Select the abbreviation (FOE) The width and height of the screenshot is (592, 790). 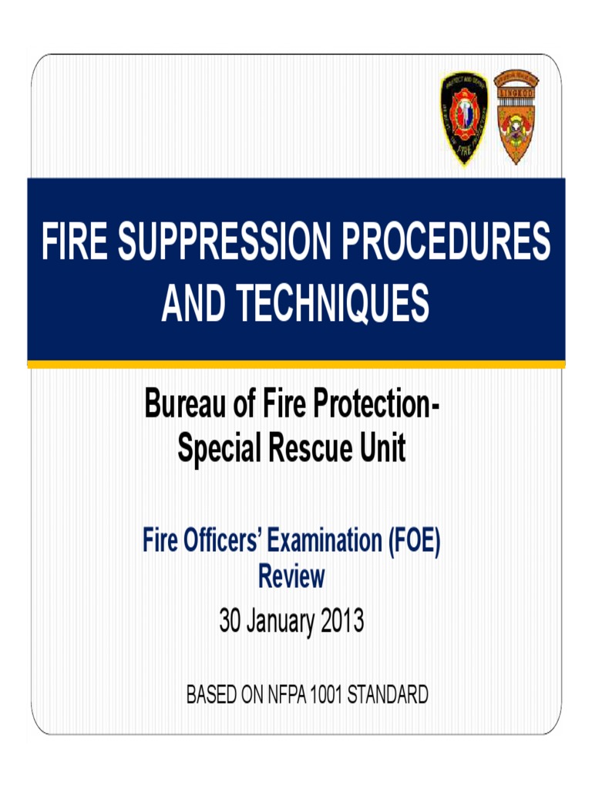pos(412,542)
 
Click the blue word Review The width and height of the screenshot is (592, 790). pos(291,576)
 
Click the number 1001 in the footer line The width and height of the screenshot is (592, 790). pos(325,695)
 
